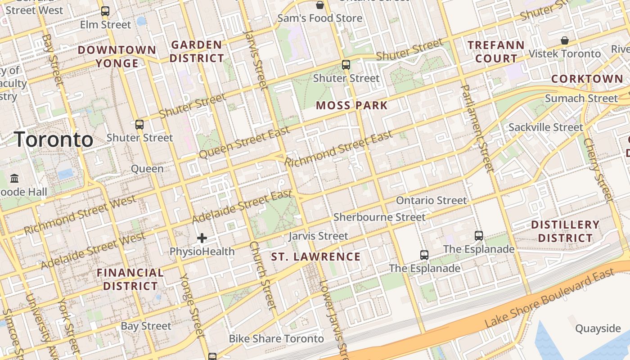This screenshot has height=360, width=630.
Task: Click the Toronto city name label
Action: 54,140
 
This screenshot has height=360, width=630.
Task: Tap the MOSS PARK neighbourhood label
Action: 351,106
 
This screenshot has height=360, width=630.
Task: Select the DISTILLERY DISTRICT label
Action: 565,231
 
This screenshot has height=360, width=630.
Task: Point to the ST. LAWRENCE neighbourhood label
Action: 316,257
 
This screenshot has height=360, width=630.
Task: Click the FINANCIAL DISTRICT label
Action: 130,279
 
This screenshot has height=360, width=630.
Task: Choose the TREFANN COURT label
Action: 496,52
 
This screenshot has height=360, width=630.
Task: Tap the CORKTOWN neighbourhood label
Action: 587,79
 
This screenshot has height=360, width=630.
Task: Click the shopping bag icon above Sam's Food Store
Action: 320,5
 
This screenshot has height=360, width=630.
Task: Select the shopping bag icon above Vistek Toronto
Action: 565,40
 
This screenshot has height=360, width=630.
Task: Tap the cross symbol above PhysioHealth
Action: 202,238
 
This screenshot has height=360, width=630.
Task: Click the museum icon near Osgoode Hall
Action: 14,179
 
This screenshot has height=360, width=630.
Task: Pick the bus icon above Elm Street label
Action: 105,11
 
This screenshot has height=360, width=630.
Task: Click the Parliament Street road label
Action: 478,128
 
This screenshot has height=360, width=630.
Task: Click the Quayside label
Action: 598,328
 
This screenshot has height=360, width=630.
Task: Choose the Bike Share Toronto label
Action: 276,338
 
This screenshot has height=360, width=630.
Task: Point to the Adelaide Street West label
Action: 93,251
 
